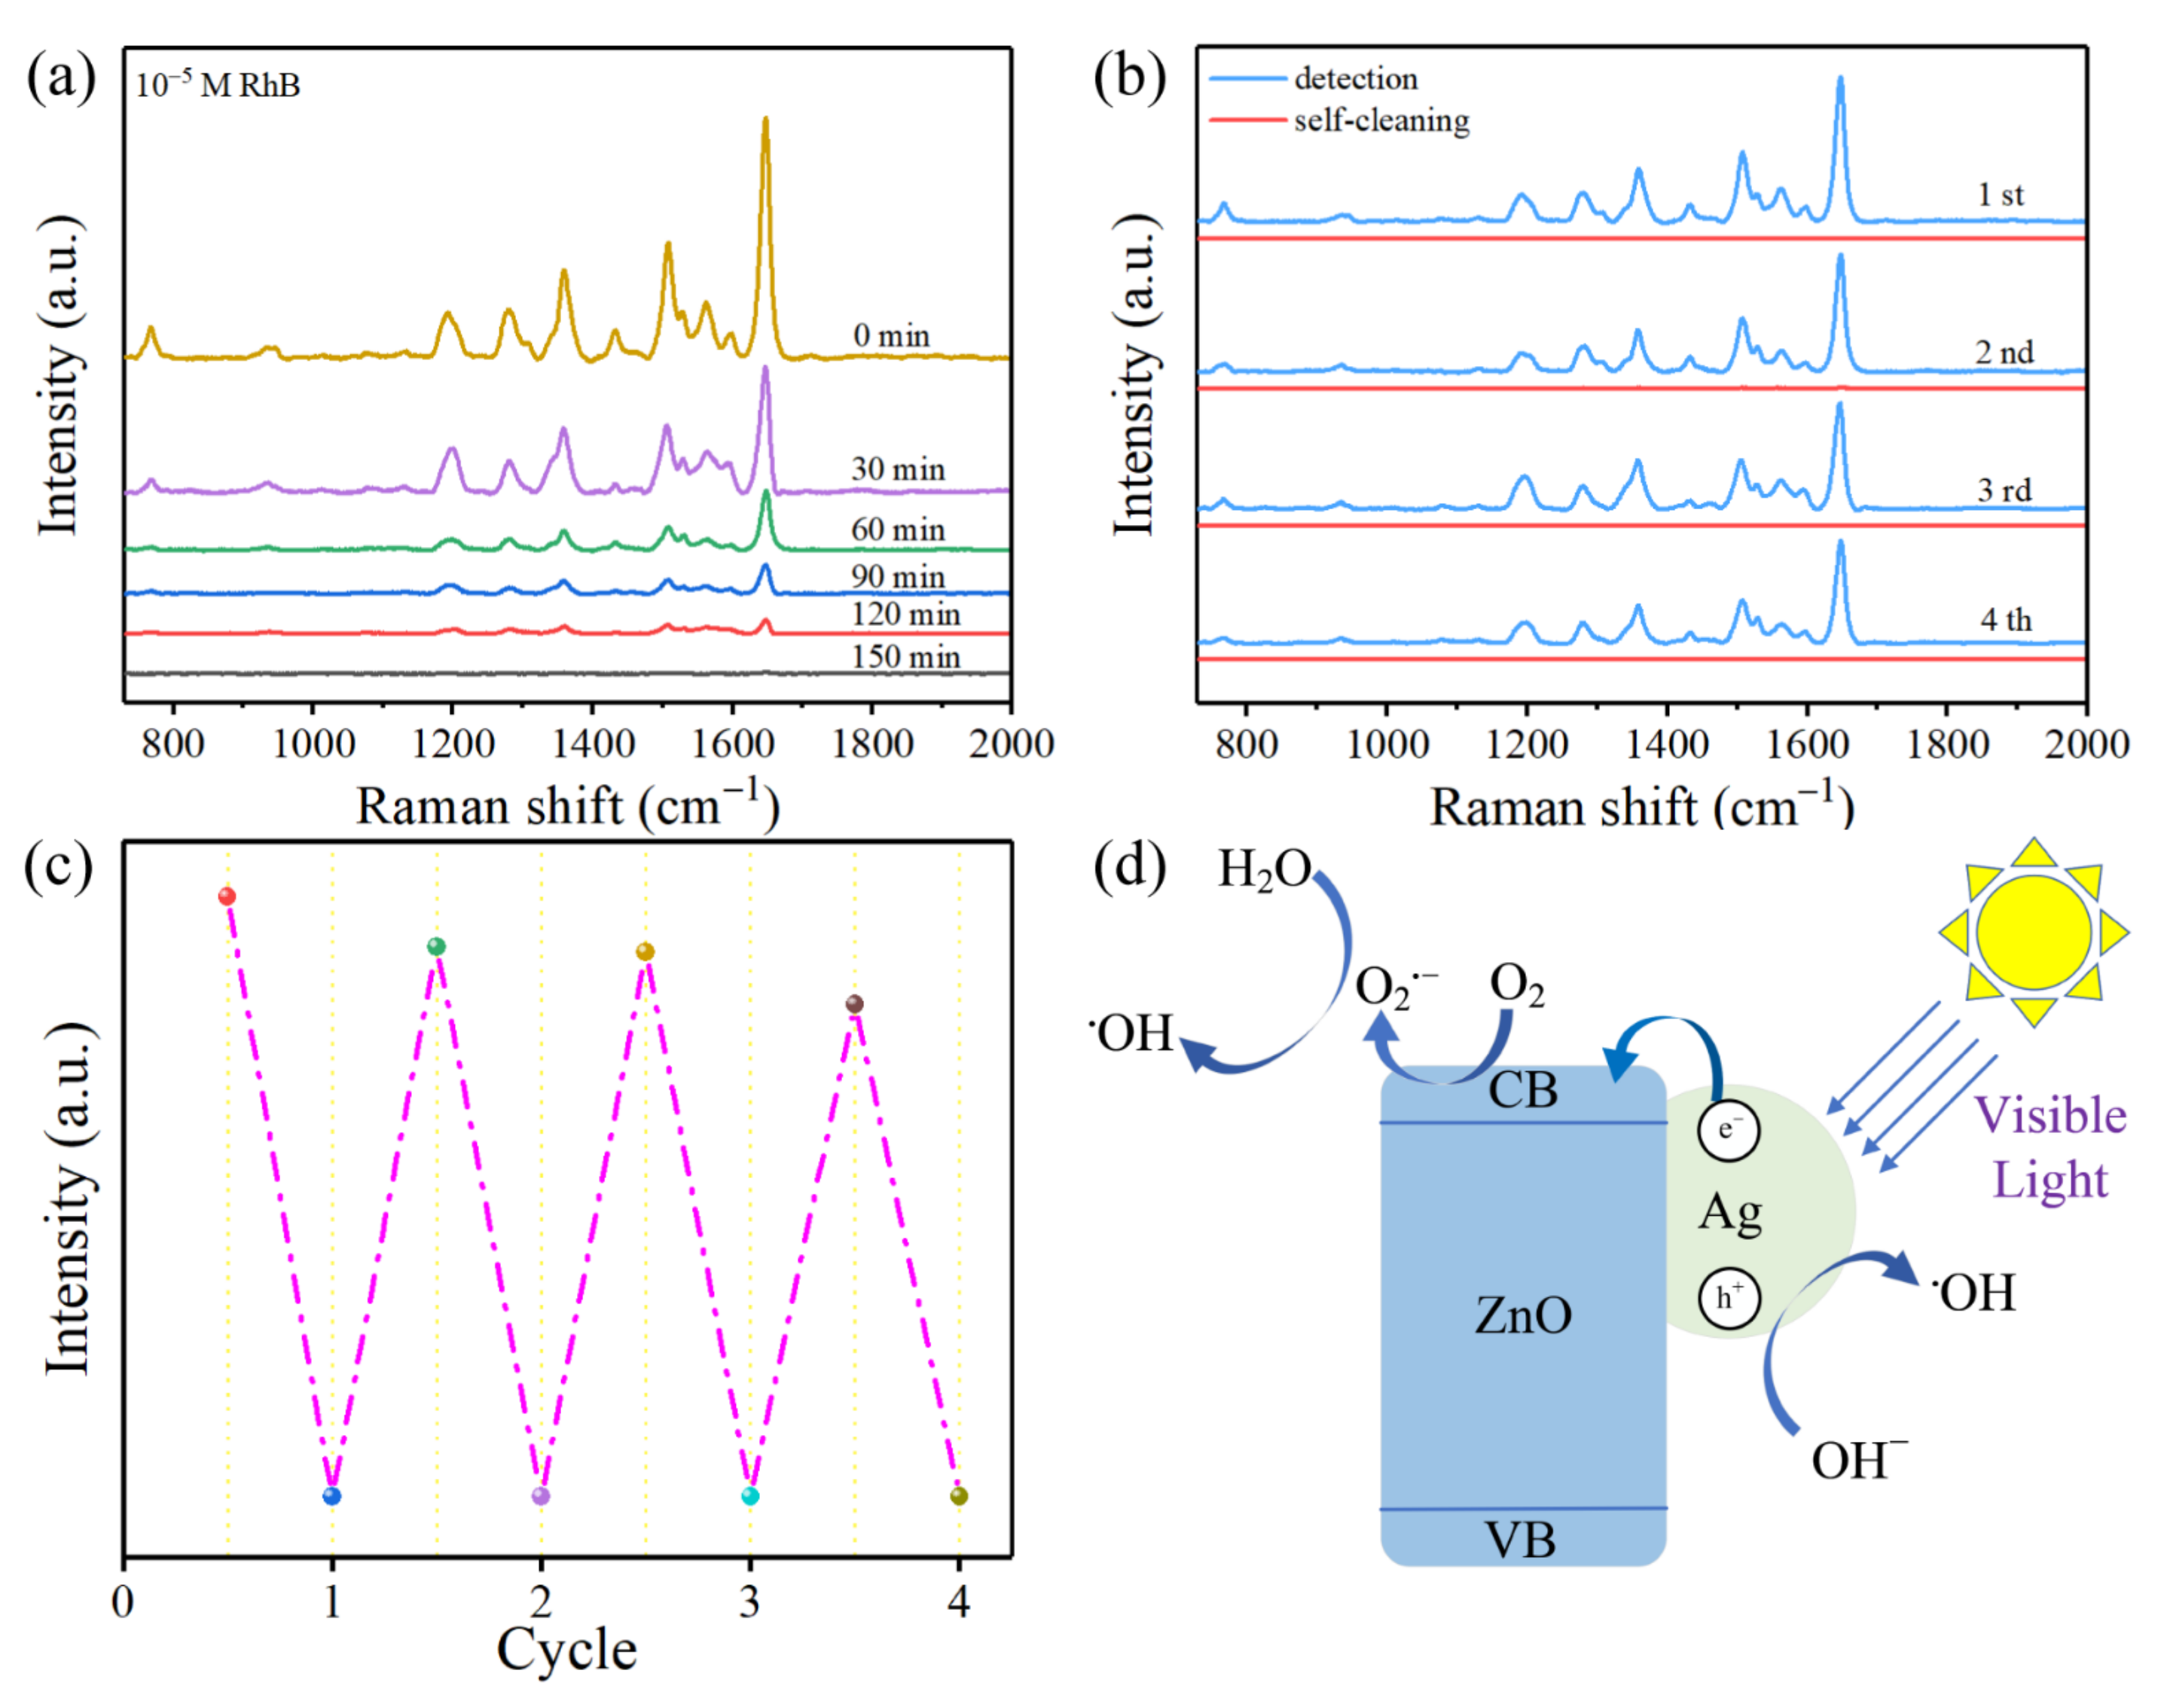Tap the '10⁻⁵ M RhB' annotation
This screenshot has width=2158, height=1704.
pyautogui.click(x=218, y=85)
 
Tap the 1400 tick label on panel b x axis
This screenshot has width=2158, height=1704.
pyautogui.click(x=1666, y=744)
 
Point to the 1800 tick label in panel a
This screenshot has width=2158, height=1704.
pyautogui.click(x=872, y=744)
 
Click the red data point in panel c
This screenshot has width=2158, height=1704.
pyautogui.click(x=227, y=896)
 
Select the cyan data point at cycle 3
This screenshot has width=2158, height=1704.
pyautogui.click(x=750, y=1495)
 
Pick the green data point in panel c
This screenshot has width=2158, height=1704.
pyautogui.click(x=436, y=945)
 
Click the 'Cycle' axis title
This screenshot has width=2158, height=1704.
pyautogui.click(x=566, y=1649)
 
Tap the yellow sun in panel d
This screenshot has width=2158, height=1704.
pyautogui.click(x=2032, y=933)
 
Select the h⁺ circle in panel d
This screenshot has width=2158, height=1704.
pyautogui.click(x=1728, y=1297)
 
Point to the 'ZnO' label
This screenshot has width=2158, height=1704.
pyautogui.click(x=1522, y=1315)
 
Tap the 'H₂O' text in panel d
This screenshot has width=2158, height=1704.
pyautogui.click(x=1264, y=869)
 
